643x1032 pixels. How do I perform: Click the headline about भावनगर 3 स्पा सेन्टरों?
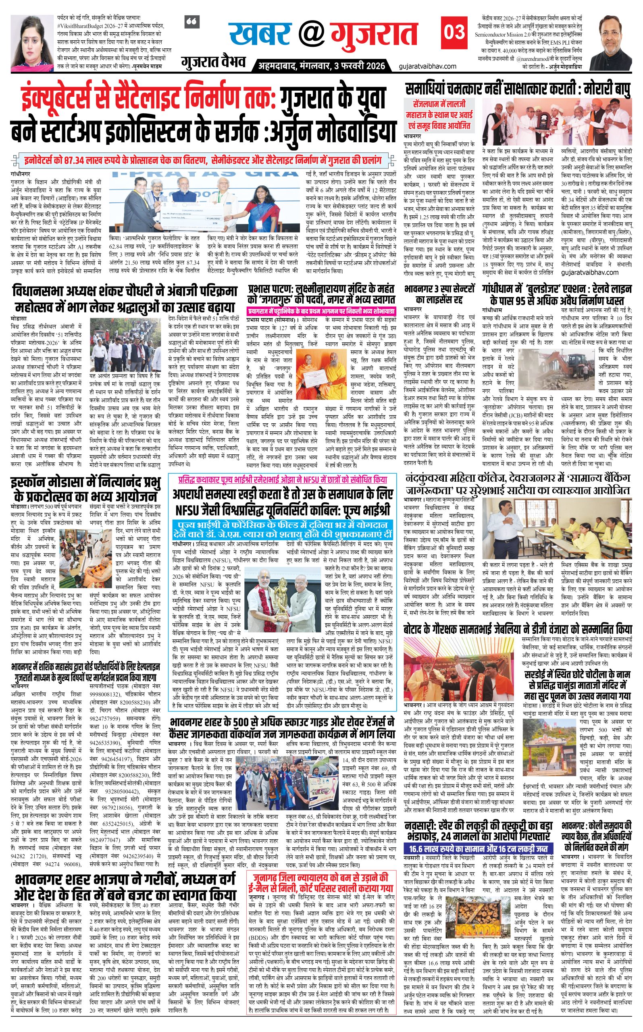click(439, 294)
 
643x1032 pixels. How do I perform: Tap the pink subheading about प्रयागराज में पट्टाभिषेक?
click(321, 311)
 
